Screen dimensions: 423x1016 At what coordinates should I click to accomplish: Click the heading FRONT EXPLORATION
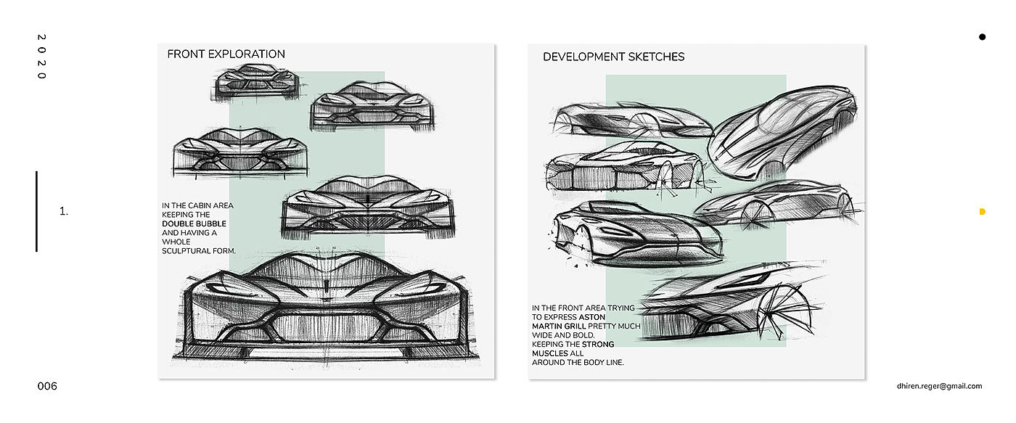click(x=226, y=54)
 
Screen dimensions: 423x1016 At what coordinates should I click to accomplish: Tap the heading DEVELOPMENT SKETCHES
click(x=613, y=57)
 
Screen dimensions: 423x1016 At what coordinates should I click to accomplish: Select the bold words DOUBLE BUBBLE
click(x=194, y=224)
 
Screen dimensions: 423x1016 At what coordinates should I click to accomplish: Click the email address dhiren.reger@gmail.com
click(x=939, y=387)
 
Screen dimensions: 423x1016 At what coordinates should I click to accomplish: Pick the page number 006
click(x=47, y=387)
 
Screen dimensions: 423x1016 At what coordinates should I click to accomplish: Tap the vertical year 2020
click(x=41, y=57)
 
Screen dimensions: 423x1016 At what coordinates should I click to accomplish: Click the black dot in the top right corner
click(x=982, y=36)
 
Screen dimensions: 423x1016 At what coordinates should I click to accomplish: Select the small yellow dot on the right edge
click(x=982, y=212)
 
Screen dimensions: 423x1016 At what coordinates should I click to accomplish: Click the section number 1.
click(x=64, y=212)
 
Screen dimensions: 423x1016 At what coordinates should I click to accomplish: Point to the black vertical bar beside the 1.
click(x=36, y=211)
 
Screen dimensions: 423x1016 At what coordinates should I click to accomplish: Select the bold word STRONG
click(x=598, y=345)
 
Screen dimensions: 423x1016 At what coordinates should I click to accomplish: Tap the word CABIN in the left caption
click(x=194, y=206)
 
